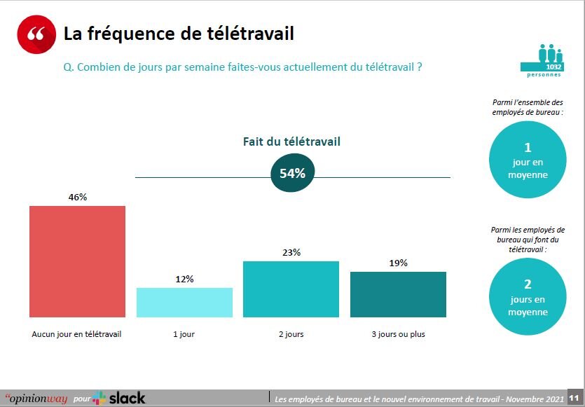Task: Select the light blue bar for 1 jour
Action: pyautogui.click(x=184, y=303)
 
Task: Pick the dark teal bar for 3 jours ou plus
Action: pyautogui.click(x=398, y=295)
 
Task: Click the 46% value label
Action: pyautogui.click(x=78, y=197)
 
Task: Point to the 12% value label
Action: pyautogui.click(x=184, y=279)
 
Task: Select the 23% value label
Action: pyautogui.click(x=291, y=252)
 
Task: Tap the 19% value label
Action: pyautogui.click(x=398, y=263)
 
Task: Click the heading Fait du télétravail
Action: pyautogui.click(x=291, y=142)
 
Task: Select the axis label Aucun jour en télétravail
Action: pyautogui.click(x=77, y=334)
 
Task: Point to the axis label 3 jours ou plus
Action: pyautogui.click(x=398, y=334)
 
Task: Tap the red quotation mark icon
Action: pyautogui.click(x=36, y=34)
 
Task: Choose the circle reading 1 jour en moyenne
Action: pyautogui.click(x=528, y=161)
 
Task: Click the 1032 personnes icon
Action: pyautogui.click(x=551, y=60)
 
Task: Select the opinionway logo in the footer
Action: pyautogui.click(x=36, y=399)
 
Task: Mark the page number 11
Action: pyautogui.click(x=572, y=398)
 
